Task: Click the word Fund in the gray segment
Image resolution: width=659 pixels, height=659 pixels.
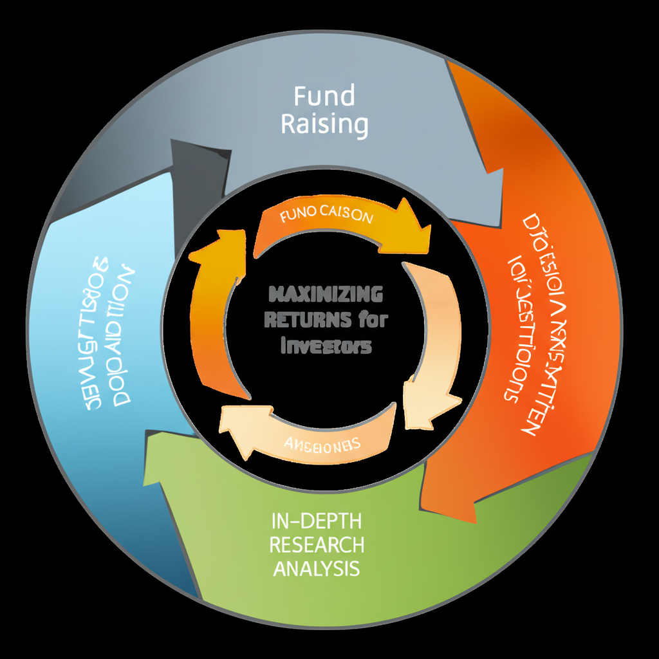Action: (x=324, y=97)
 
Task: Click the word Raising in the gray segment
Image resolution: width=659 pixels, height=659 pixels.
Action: (x=324, y=123)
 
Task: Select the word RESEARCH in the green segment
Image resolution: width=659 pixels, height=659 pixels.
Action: (x=316, y=545)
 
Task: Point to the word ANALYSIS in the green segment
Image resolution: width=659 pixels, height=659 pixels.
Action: (x=316, y=568)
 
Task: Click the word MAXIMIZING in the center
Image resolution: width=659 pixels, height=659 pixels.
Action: (x=324, y=295)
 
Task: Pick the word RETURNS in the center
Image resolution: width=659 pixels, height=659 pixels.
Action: (x=308, y=319)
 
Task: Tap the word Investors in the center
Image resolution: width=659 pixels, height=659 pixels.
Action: (x=327, y=346)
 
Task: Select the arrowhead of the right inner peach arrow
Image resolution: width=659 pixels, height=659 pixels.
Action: (x=425, y=402)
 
